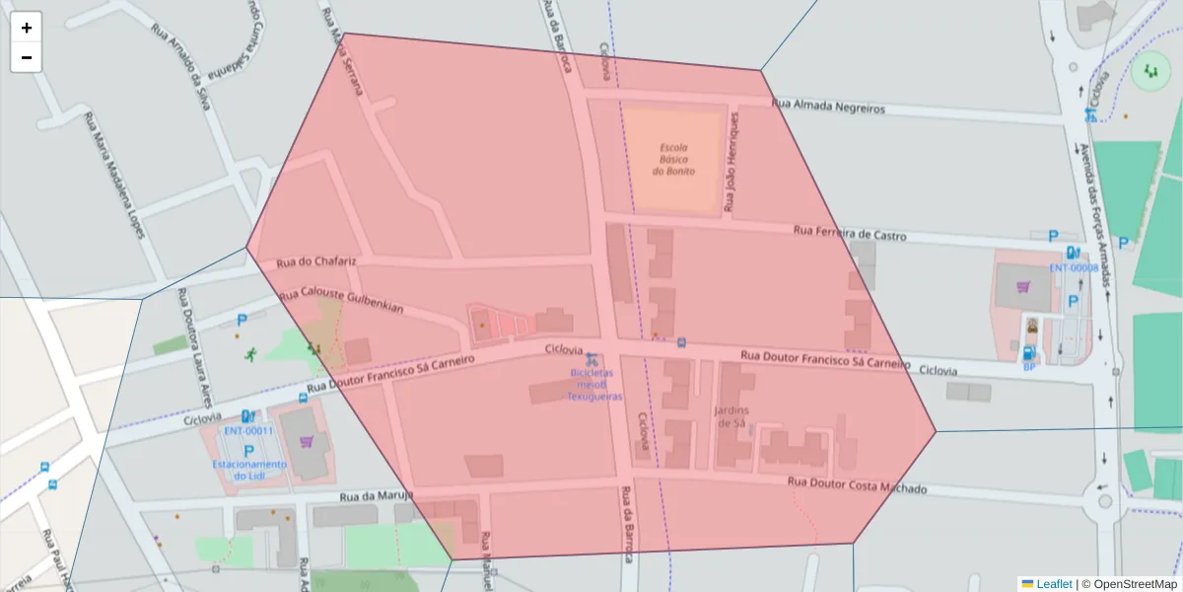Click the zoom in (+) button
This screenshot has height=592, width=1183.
(27, 28)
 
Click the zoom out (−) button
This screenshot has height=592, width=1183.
(27, 57)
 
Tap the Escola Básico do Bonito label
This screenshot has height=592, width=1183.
(673, 159)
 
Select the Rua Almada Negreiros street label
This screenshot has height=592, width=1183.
(828, 107)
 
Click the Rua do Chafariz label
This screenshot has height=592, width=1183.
(316, 261)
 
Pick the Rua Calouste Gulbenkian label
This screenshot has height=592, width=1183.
(341, 301)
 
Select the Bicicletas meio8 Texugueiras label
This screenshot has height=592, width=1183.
(594, 385)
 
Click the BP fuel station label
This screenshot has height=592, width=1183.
(1028, 367)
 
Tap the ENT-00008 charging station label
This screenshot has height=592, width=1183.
(1074, 267)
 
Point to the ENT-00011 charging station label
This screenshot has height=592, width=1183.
(248, 430)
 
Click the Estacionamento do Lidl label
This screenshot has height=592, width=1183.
(248, 470)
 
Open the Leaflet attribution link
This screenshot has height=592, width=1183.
(1054, 584)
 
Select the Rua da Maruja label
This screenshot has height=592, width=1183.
(376, 496)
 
